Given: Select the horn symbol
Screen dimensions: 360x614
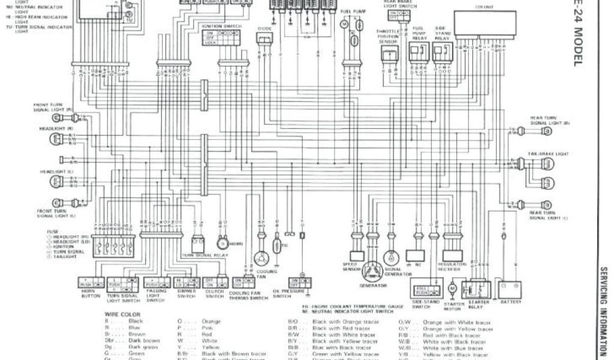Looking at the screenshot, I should click(223, 244).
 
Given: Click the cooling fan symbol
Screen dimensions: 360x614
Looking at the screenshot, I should click(261, 258).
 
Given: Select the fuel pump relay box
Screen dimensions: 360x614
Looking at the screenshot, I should click(418, 53).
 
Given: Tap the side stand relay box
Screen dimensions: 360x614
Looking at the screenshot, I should click(441, 53).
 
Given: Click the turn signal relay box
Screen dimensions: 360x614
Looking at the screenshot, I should click(198, 244).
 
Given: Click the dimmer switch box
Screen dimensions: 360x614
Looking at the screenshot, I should click(185, 282).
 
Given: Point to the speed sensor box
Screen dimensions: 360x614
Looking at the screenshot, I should click(357, 256).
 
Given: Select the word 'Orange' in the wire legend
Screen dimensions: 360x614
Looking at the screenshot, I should click(211, 321).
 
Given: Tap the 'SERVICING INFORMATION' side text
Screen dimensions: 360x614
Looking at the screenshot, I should click(604, 312).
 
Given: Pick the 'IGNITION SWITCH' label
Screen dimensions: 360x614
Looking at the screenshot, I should click(219, 26).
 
